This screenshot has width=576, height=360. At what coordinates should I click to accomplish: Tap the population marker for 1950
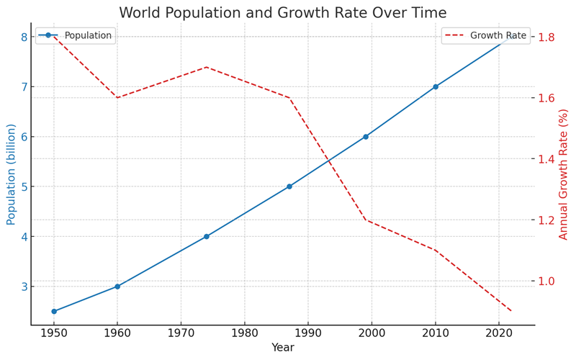54,311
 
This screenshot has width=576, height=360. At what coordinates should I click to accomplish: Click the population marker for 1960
117,287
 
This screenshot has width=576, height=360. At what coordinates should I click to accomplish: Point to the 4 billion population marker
207,236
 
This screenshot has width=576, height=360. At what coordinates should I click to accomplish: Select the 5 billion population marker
289,186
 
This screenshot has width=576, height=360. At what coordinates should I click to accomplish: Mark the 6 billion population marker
366,136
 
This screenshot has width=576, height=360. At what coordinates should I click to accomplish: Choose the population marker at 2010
436,86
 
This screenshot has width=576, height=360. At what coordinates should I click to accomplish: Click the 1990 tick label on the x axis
308,334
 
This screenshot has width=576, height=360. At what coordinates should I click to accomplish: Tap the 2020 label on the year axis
499,334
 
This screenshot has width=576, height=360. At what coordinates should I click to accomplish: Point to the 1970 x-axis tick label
181,334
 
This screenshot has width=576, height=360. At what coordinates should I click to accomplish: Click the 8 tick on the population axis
24,37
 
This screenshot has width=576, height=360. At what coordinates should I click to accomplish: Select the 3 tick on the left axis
24,287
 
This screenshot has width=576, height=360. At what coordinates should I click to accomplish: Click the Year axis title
282,348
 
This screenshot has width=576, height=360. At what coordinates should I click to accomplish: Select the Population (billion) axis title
11,174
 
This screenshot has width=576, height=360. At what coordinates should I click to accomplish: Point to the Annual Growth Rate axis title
564,174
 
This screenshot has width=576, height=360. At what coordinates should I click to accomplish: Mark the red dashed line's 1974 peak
207,67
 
